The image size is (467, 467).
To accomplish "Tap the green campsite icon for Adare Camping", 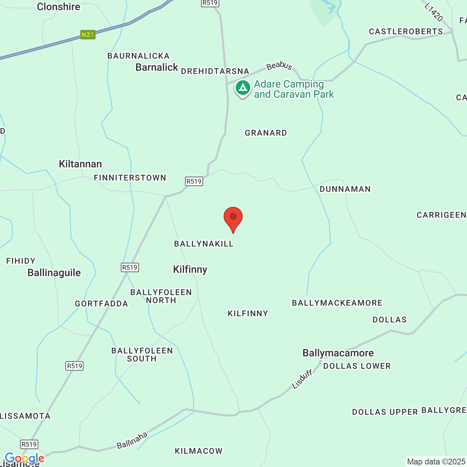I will coord(243,88).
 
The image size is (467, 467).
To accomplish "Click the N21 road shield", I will coord(88,35).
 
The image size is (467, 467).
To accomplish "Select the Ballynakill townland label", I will coord(204,244).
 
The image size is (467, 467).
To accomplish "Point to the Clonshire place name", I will coord(58,7).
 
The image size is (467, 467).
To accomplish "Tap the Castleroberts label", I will coord(406,31).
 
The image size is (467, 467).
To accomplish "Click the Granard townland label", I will coord(266,133).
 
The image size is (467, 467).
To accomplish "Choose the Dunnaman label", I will coord(345,189).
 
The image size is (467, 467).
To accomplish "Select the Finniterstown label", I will coord(130,178).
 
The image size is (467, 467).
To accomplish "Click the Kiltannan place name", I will coord(80,164).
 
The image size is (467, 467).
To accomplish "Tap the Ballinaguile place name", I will coord(54,273).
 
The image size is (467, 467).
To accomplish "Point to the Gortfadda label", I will coord(101,304).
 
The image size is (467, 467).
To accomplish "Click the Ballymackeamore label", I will coord(337,303).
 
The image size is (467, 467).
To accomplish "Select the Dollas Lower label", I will coord(357,366).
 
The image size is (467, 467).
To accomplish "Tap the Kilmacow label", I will coord(198,451).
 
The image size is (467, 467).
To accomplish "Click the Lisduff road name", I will coord(302,379).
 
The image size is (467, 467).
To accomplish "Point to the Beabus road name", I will coord(279,66).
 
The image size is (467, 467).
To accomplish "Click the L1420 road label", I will coord(434,12).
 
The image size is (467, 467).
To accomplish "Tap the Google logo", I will coord(24,458).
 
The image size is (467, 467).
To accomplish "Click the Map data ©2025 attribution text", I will coord(436,462).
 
